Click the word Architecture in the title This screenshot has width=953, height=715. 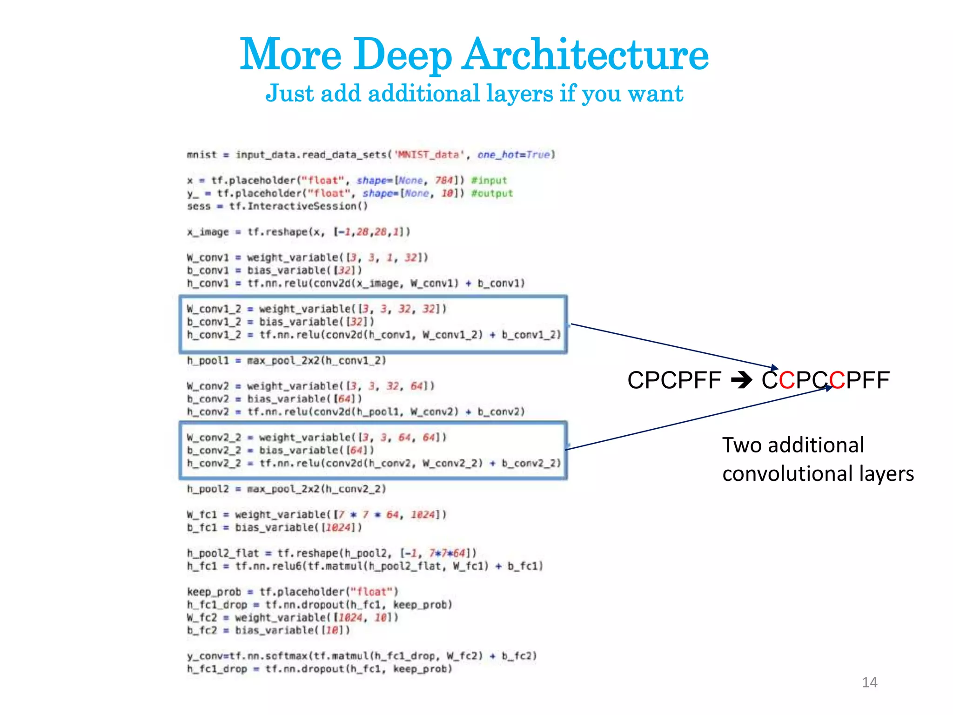(x=586, y=55)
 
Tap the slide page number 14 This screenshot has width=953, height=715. (x=869, y=682)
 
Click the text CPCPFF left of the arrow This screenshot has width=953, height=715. (x=674, y=380)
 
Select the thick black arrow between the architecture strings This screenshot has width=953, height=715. (x=741, y=381)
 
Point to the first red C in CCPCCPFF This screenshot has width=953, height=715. (x=787, y=380)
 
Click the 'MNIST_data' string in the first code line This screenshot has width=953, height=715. (x=430, y=155)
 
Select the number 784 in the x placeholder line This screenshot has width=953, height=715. (x=444, y=180)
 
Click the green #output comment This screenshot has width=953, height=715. (x=492, y=193)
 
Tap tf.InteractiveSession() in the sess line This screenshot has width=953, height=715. (x=298, y=206)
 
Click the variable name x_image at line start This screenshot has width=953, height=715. (x=208, y=232)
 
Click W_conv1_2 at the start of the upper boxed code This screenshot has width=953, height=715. (x=214, y=309)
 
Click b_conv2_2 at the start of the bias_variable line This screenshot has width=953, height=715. (x=214, y=450)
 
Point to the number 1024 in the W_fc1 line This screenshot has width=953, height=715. (x=423, y=514)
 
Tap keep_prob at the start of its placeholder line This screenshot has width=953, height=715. (x=214, y=592)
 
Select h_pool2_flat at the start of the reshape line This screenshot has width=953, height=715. (x=222, y=553)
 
